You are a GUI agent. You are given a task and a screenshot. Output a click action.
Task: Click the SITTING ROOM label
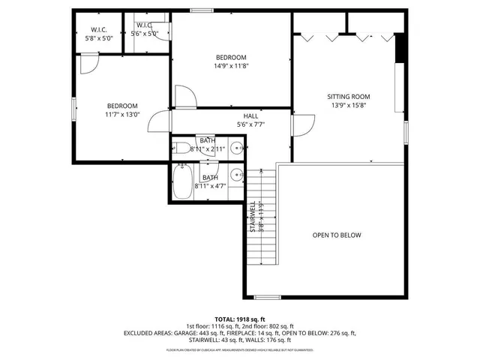[x=348, y=97]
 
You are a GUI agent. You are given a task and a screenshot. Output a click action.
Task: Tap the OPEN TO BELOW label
[x=337, y=235]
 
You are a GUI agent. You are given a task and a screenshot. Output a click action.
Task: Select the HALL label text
[x=250, y=115]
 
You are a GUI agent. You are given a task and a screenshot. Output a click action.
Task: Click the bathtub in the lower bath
[x=182, y=182]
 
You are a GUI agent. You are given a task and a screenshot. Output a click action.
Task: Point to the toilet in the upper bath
[x=181, y=148]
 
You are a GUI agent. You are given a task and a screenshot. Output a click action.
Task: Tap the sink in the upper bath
[x=237, y=148]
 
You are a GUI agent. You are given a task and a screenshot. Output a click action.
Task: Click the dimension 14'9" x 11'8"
[x=231, y=66]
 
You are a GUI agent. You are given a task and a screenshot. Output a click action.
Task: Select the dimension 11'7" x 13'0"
[x=121, y=115]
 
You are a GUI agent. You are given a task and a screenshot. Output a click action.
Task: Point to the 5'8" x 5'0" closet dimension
[x=98, y=37]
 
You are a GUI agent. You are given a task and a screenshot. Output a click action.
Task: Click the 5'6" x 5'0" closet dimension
[x=145, y=34]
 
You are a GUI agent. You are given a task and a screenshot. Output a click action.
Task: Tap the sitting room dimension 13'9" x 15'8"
[x=348, y=106]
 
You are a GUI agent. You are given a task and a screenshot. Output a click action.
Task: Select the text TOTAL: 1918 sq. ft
[x=240, y=319]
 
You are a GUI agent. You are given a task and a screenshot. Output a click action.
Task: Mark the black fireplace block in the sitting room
[x=400, y=50]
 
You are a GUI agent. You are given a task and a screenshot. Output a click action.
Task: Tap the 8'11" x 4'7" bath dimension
[x=210, y=185]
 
